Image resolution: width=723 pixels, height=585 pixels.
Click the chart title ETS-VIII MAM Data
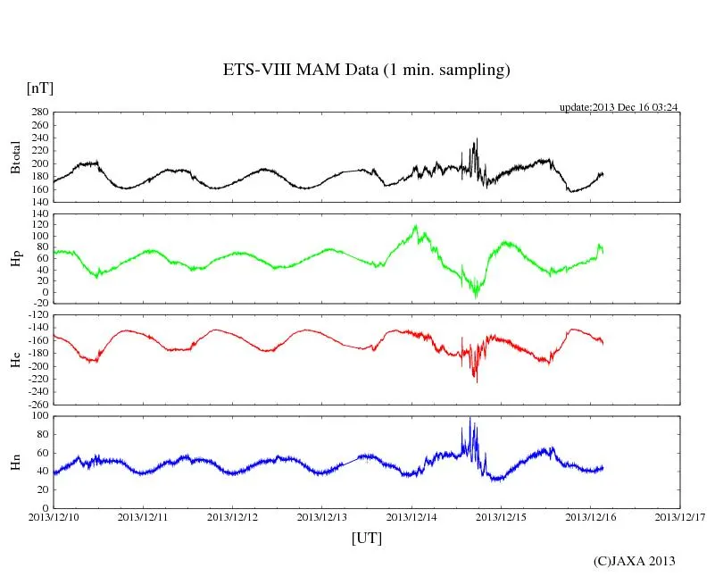[x=366, y=71]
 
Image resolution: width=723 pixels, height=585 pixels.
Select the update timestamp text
[x=619, y=107]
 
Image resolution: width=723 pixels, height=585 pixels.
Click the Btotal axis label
[x=15, y=156]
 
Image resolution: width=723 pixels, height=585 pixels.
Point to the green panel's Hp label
[x=15, y=258]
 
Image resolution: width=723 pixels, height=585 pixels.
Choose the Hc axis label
[x=15, y=359]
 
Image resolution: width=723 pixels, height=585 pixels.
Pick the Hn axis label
[x=15, y=462]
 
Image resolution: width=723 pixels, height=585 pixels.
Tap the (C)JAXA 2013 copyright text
[x=635, y=561]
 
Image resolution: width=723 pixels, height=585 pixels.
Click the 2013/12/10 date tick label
[x=54, y=516]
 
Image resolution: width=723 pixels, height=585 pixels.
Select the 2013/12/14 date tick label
[x=412, y=516]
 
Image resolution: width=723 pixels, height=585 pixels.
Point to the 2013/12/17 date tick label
[x=680, y=516]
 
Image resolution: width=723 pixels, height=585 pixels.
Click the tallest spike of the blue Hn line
[x=470, y=418]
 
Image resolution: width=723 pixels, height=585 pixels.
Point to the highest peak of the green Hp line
[x=415, y=227]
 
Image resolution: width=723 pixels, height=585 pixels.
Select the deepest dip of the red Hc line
[x=476, y=381]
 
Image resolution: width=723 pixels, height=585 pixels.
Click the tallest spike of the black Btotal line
[x=477, y=139]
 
